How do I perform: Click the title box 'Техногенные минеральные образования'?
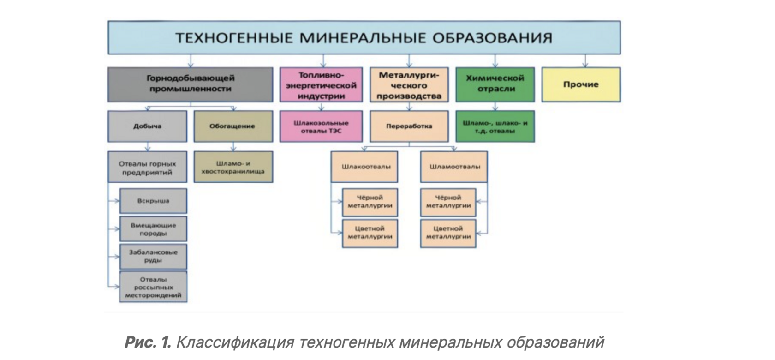click(x=364, y=37)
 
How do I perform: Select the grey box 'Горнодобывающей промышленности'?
click(x=190, y=84)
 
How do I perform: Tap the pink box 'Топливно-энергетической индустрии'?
click(x=321, y=85)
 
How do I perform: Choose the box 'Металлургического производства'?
click(x=409, y=85)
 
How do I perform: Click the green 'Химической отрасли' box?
click(x=495, y=84)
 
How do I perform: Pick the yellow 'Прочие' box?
click(x=581, y=84)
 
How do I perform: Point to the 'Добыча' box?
click(x=147, y=126)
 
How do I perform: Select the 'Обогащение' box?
click(x=233, y=126)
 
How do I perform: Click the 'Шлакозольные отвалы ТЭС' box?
click(x=321, y=126)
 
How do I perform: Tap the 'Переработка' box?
click(x=409, y=126)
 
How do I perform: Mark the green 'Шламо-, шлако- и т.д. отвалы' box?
click(x=495, y=126)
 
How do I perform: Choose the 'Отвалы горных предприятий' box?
click(x=147, y=167)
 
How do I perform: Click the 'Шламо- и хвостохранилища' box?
click(x=233, y=167)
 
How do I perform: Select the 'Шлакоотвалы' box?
click(x=364, y=167)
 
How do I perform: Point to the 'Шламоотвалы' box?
click(x=454, y=167)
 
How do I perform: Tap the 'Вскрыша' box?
click(x=153, y=201)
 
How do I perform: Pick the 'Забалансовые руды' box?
click(x=153, y=256)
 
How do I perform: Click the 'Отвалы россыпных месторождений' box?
click(x=153, y=287)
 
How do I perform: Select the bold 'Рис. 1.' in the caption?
click(x=148, y=342)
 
